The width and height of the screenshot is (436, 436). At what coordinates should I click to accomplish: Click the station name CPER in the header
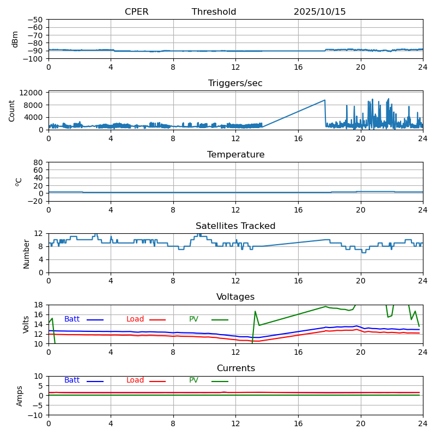(136, 12)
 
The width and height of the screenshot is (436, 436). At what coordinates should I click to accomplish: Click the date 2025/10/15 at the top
(319, 12)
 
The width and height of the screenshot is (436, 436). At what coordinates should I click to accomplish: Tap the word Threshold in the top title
(214, 12)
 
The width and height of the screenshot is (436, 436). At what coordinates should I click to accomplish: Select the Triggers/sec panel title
(235, 83)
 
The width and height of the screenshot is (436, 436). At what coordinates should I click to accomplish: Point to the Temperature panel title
(235, 155)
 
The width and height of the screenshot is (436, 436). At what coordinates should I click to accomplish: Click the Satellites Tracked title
(235, 226)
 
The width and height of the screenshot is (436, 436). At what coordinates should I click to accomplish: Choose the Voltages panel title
(235, 297)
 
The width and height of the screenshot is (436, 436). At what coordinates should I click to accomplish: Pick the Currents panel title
(235, 368)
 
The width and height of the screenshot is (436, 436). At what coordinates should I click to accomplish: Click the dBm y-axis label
(15, 39)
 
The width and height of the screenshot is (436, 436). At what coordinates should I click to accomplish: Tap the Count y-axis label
(12, 111)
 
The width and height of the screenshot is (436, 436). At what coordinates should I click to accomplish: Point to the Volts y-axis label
(26, 324)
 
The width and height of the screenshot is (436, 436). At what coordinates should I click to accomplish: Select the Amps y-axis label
(20, 396)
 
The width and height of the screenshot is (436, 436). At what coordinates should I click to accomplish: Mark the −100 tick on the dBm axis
(35, 58)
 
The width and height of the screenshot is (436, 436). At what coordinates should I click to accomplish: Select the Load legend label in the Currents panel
(135, 380)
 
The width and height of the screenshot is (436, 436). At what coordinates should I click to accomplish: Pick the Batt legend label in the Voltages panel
(72, 319)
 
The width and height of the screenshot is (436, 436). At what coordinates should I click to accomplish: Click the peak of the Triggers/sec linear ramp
(325, 100)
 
